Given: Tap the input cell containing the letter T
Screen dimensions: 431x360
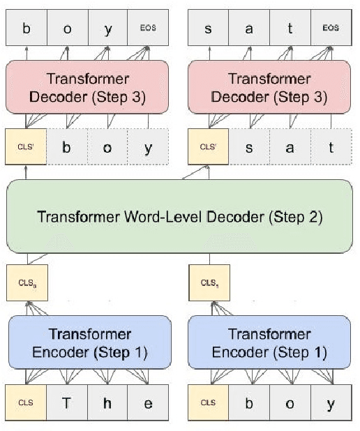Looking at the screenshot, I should click(x=68, y=402).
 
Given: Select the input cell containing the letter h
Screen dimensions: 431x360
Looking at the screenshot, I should click(x=108, y=402).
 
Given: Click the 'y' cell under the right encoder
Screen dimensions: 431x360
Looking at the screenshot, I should click(x=330, y=402).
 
